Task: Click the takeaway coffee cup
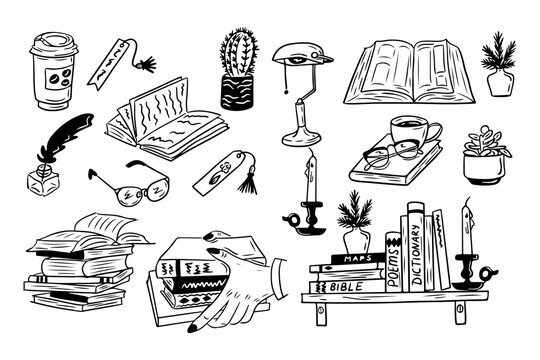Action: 50,71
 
